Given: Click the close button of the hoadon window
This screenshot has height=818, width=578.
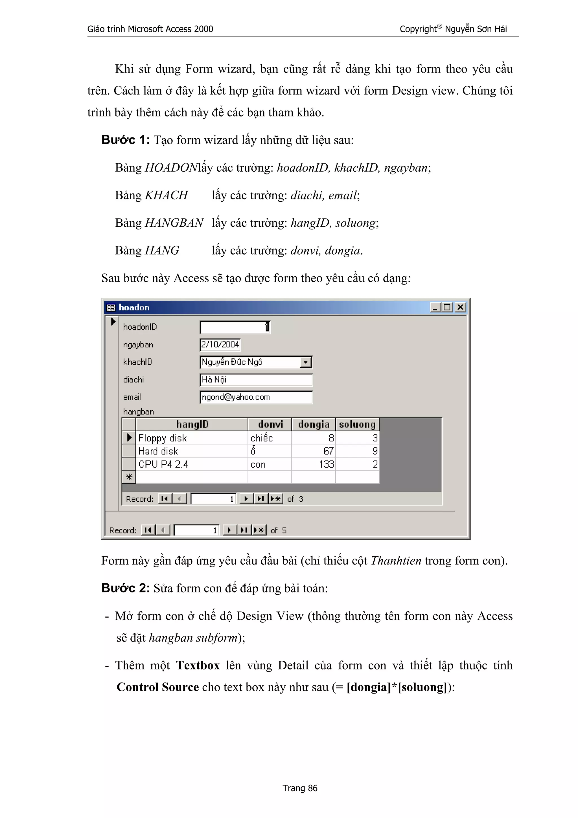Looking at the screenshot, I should tap(461, 307).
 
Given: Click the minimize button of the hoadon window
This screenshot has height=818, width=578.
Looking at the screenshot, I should tap(435, 307).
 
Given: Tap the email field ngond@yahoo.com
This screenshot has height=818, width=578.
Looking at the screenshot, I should tap(256, 397).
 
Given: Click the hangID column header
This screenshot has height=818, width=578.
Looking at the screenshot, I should tap(192, 424).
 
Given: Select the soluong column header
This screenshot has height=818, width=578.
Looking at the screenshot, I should tap(357, 424).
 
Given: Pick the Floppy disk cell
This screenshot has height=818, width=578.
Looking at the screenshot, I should tap(192, 438).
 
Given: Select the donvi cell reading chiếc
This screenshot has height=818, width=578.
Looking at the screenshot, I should tap(270, 438).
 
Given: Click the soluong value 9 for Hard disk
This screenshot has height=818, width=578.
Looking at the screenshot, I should tap(357, 451).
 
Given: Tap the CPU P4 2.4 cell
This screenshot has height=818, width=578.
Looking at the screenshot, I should tap(192, 464).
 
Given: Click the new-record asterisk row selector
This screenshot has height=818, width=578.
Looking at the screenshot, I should tap(129, 477).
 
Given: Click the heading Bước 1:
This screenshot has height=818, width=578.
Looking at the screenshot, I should tap(125, 140).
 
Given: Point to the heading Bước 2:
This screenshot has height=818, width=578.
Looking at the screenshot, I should tap(125, 588).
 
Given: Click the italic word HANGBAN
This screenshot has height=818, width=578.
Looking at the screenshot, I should tap(174, 223).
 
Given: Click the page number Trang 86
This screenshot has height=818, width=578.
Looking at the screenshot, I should tap(300, 788).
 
